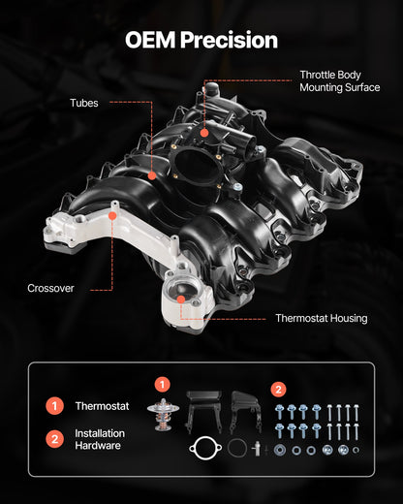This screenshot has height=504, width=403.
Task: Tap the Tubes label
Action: click(83, 103)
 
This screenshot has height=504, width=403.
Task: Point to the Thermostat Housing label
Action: click(321, 318)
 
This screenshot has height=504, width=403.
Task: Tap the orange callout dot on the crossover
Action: click(113, 217)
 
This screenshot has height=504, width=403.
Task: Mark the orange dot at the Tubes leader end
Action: click(152, 175)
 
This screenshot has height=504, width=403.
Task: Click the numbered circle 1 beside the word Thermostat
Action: click(55, 405)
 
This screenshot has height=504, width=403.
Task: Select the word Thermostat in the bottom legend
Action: click(102, 405)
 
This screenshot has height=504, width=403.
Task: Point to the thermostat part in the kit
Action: click(163, 414)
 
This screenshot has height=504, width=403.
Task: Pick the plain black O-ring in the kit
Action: click(237, 449)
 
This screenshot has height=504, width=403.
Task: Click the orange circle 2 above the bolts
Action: click(280, 390)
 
